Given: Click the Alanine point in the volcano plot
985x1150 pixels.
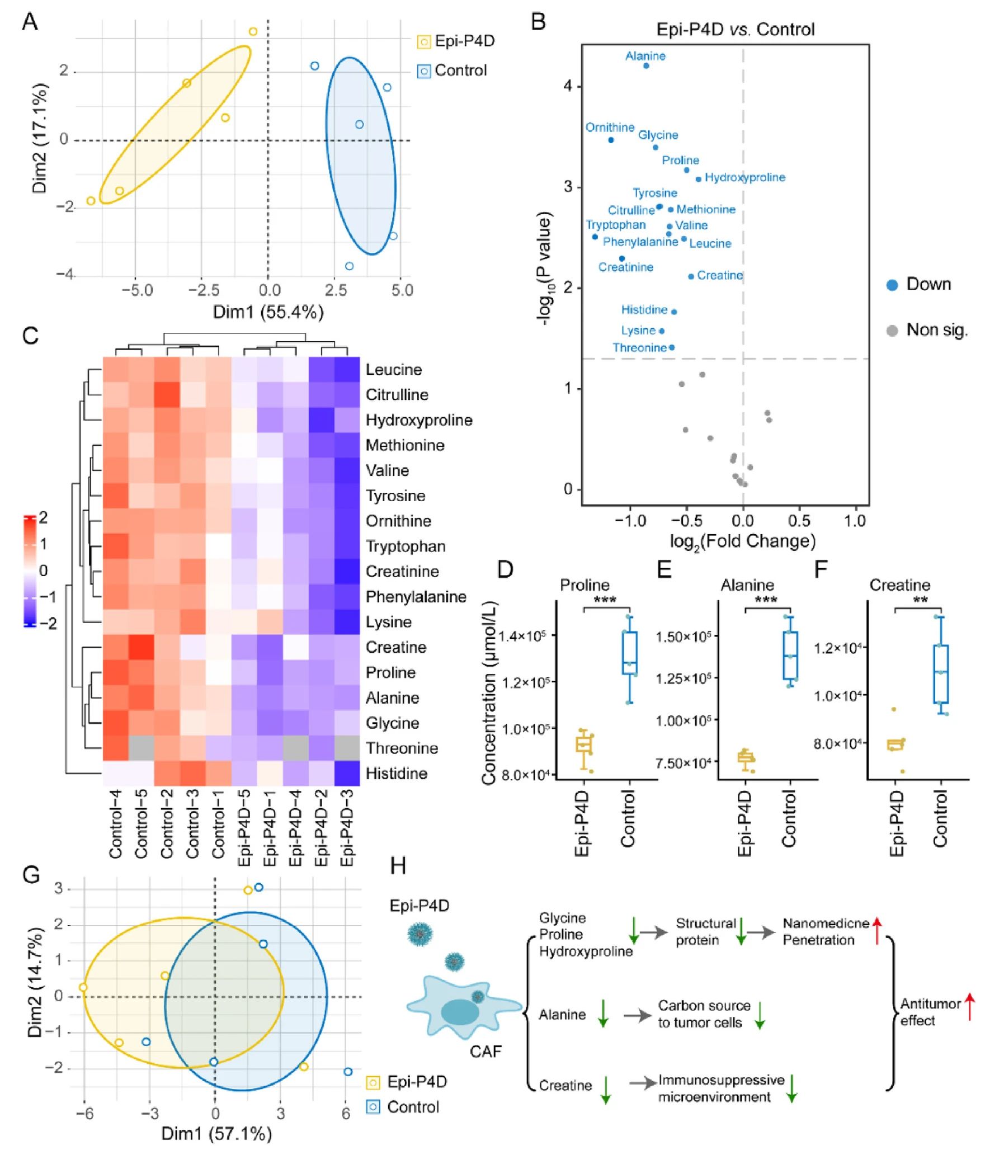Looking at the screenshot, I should [646, 65].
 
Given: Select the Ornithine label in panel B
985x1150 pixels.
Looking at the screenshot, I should [610, 128].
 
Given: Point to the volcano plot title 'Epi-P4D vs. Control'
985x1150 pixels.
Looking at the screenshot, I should [735, 29].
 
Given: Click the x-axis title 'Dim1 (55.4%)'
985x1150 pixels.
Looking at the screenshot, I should [268, 312].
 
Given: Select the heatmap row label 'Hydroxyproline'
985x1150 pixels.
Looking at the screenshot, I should [419, 420].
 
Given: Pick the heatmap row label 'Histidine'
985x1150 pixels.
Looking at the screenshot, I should [397, 774].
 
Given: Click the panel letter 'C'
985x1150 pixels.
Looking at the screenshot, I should [30, 336].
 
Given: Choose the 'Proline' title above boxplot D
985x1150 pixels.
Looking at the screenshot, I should [585, 585].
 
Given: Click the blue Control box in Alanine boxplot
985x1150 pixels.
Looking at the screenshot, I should [790, 656].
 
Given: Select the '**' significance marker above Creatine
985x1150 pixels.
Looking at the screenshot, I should [920, 601].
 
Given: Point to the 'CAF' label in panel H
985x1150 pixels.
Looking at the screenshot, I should [486, 1052].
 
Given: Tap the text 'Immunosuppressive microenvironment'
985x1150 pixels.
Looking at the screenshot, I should [721, 1088].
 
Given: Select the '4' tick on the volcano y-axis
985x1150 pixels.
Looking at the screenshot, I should [568, 86].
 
